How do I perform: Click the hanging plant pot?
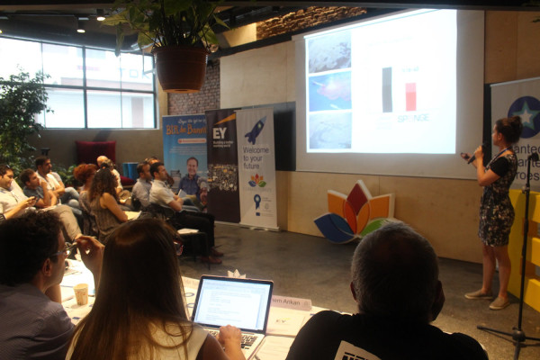click(x=181, y=67)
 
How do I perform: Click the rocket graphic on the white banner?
click(x=255, y=130)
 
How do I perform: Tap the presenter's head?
click(x=508, y=130)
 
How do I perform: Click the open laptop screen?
click(x=232, y=302)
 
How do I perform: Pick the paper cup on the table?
click(x=81, y=294)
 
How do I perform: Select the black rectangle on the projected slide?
click(x=387, y=89)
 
